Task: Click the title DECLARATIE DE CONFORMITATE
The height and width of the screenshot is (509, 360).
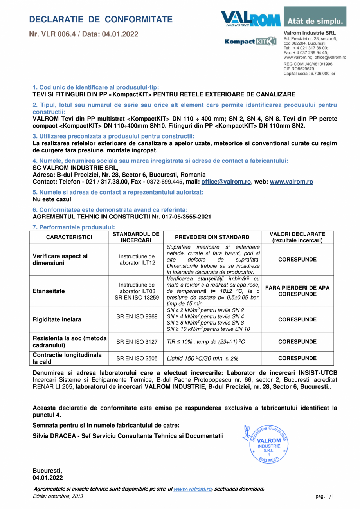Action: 101,20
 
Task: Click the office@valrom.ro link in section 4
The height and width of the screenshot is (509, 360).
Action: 226,182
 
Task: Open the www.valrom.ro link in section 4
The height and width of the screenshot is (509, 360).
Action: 291,182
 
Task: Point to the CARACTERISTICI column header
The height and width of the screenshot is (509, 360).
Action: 69,237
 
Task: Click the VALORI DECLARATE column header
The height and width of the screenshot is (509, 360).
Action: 297,237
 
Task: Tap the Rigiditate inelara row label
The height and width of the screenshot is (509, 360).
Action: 57,319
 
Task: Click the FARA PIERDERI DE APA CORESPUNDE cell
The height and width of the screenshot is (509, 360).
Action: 297,291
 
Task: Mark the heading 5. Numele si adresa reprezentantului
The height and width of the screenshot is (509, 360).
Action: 118,192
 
